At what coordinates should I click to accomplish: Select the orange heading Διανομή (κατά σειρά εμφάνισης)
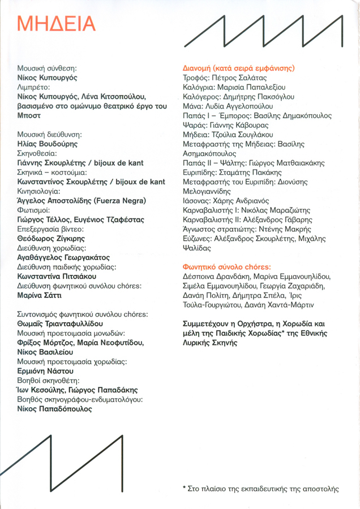tap(239, 67)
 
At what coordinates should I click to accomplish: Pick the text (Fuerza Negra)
tap(120, 201)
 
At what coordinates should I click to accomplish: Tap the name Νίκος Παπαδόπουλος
tap(54, 409)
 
